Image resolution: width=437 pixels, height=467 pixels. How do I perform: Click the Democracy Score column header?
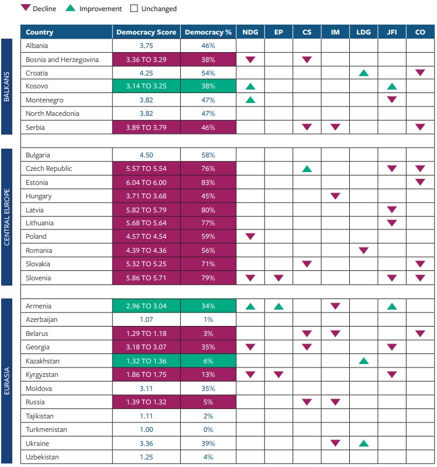(146, 32)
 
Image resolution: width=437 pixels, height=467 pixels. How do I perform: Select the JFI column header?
(392, 32)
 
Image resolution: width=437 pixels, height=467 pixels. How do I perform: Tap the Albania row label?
(37, 46)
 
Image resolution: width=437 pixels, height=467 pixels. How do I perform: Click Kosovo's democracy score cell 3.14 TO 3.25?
(146, 86)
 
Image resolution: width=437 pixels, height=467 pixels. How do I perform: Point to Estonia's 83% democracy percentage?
(208, 183)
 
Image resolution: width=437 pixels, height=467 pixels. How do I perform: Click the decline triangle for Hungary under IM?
(335, 196)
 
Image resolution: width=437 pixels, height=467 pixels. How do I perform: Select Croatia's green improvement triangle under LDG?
(363, 73)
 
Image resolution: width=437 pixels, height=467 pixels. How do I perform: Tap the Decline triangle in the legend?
(26, 8)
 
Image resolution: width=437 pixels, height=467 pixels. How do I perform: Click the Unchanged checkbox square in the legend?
(134, 8)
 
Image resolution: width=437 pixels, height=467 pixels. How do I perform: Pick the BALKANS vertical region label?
(6, 87)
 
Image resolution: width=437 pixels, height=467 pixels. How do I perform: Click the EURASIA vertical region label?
(6, 381)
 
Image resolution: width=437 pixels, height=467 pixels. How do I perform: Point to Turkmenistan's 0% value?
(208, 430)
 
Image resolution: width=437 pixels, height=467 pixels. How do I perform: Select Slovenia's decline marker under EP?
(278, 278)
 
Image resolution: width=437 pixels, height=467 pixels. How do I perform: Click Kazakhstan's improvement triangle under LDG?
(363, 361)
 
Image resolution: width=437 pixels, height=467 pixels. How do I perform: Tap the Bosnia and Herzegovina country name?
(62, 60)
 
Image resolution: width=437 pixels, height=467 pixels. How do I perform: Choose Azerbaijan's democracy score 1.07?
(146, 320)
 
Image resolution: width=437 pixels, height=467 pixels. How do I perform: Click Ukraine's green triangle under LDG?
(363, 444)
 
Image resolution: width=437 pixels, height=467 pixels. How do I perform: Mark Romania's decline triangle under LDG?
(363, 250)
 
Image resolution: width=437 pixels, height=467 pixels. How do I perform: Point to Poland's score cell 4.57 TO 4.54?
(146, 236)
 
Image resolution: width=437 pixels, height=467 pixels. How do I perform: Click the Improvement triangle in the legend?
(70, 8)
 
